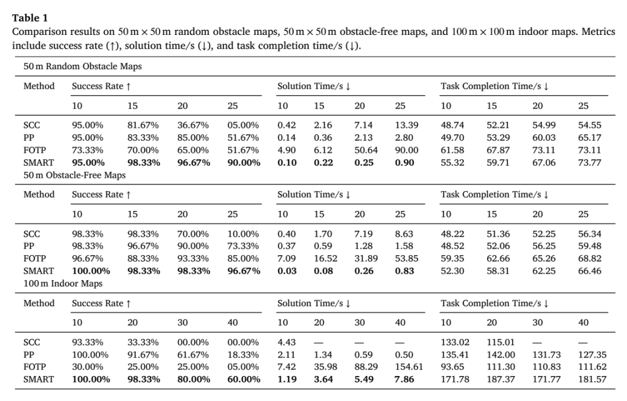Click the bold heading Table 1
point(30,18)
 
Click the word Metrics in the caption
point(598,31)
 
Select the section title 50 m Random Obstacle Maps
point(82,66)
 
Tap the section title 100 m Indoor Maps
point(63,284)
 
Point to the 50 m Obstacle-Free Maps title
point(74,175)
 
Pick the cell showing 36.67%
point(193,126)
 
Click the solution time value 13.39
point(406,126)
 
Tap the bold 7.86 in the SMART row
point(404,379)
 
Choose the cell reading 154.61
point(409,367)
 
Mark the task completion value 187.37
point(500,379)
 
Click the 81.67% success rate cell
point(143,126)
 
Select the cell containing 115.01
point(500,342)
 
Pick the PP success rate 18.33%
point(243,355)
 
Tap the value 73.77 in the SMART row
point(590,163)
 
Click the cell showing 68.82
point(590,259)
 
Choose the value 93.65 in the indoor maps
point(452,367)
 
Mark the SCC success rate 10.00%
point(243,234)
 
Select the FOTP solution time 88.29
point(366,367)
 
